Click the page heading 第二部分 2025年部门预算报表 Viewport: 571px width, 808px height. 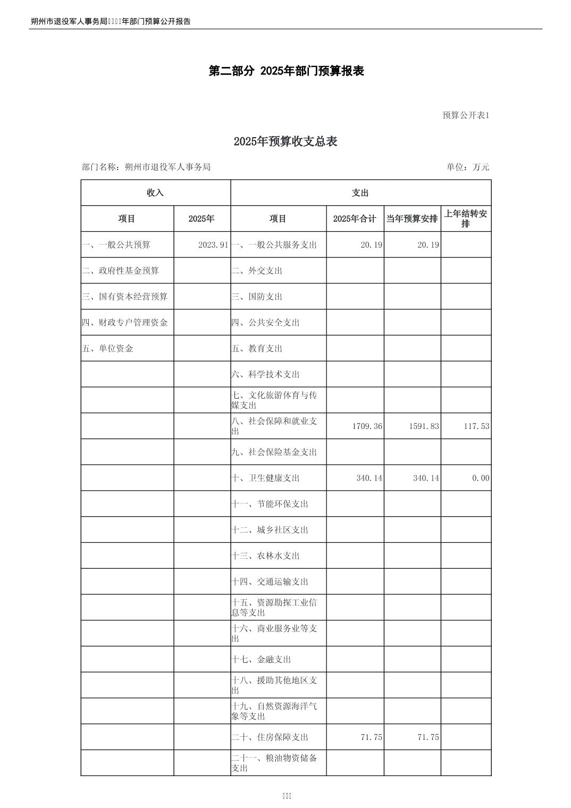pos(286,71)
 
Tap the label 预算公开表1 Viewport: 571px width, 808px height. pos(465,115)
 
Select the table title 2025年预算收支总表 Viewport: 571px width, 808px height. pos(285,141)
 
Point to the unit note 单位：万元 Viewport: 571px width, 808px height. pos(468,167)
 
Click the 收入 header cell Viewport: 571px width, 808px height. pos(155,193)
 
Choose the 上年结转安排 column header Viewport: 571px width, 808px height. pos(466,218)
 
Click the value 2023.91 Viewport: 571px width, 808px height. pos(213,245)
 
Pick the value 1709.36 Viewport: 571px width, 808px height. pos(367,426)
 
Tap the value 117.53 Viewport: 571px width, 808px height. pos(476,426)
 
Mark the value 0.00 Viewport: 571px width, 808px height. pos(481,478)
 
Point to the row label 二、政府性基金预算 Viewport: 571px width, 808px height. pos(121,271)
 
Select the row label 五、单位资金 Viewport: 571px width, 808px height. pos(108,349)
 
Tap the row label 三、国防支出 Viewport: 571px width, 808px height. pos(257,297)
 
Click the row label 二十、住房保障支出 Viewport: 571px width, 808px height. pos(270,737)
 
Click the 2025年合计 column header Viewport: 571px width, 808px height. pos(355,219)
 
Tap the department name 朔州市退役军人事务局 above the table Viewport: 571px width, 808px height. pos(167,167)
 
